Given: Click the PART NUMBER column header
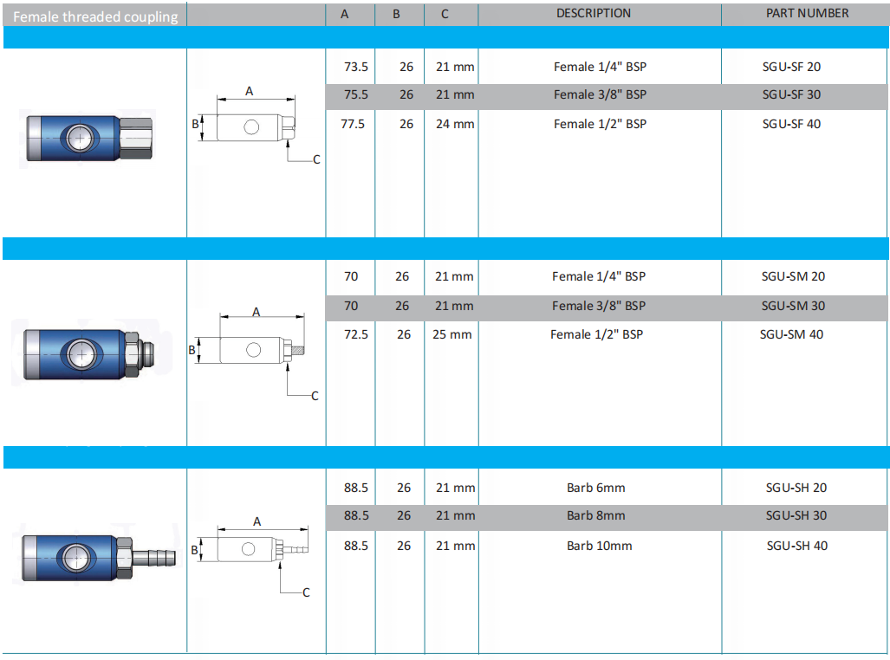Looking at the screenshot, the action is (x=807, y=13).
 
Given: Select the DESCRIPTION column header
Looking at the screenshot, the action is (x=593, y=13).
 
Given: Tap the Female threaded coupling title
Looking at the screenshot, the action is (x=95, y=17).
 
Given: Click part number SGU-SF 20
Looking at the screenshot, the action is (x=791, y=67).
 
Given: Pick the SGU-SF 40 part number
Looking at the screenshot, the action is (x=791, y=124).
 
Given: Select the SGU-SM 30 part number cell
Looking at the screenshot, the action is (x=793, y=306).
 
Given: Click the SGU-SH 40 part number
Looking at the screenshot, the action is (x=797, y=546).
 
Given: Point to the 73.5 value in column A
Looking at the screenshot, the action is (x=356, y=67).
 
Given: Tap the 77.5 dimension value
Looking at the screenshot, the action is (x=353, y=124).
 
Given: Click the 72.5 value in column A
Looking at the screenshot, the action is (x=356, y=334).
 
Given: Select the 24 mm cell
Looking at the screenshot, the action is (x=455, y=124).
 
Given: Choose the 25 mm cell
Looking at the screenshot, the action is (x=451, y=334).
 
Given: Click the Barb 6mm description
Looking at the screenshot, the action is (x=596, y=488).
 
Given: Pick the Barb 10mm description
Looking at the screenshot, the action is (x=600, y=546).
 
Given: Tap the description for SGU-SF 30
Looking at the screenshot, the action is (x=600, y=94).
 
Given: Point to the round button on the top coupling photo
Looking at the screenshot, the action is (x=80, y=138).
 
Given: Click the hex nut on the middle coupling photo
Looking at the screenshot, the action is (x=131, y=355).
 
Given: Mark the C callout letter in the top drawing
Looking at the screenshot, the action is (x=316, y=159).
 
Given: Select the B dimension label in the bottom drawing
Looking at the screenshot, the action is (x=194, y=550).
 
